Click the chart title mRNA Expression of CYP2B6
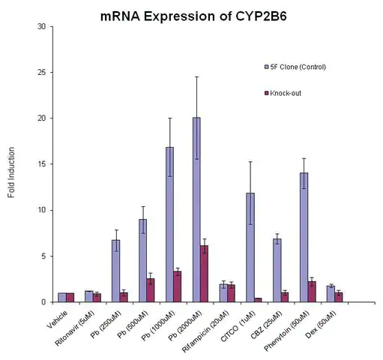193,16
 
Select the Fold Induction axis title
11,172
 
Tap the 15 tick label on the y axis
42,164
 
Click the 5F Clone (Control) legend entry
295,67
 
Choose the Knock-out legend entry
283,93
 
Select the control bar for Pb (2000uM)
196,210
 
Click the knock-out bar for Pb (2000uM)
204,274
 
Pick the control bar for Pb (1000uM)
169,225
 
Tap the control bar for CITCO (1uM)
250,247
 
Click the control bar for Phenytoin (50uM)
304,238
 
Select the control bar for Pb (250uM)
116,271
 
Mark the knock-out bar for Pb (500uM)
151,290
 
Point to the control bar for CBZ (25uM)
277,271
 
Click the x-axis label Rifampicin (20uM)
205,331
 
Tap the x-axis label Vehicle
57,319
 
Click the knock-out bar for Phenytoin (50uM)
312,292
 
